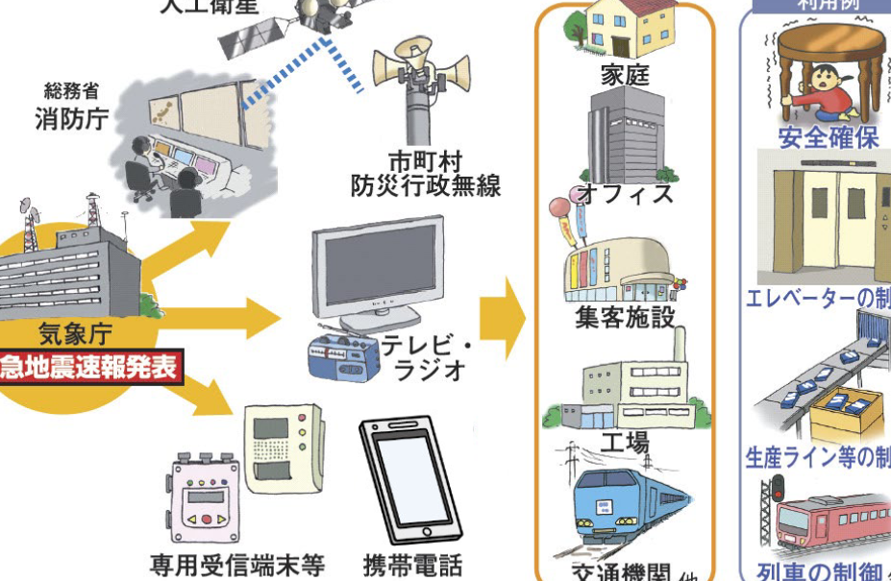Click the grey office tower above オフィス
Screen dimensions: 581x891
[625, 139]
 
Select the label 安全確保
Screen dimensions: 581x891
[829, 137]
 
